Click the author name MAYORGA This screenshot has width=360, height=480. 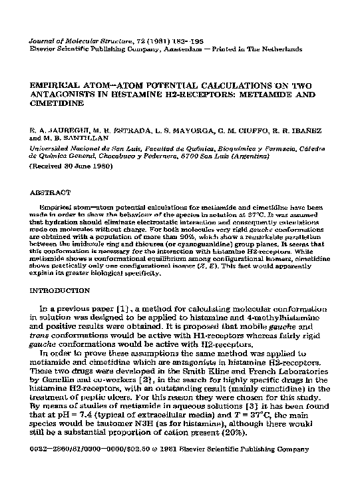[x=189, y=125]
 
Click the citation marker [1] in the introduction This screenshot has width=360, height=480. [x=124, y=310]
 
